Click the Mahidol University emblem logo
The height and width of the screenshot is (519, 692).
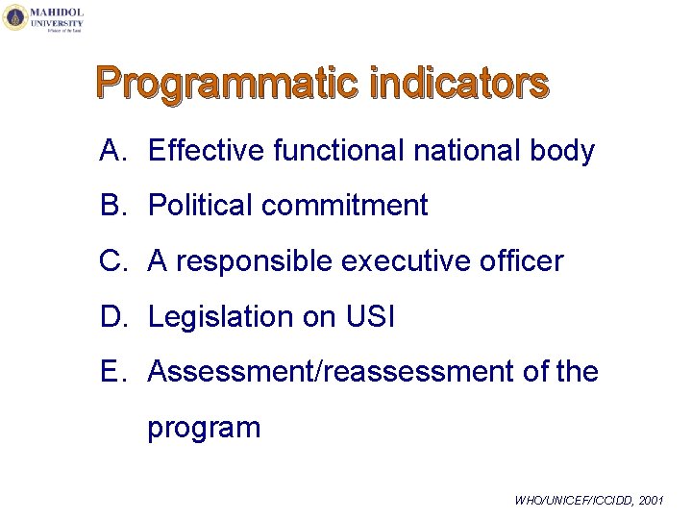tap(15, 17)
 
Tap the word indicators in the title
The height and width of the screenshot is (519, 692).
tap(458, 84)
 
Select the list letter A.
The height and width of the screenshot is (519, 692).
tap(111, 151)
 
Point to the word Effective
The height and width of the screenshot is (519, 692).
tap(207, 151)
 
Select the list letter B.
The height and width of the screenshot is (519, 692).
tap(111, 206)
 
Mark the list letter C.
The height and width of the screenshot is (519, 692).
tap(111, 261)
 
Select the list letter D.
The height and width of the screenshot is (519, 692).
tap(111, 316)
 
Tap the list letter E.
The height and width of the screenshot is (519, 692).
tap(111, 372)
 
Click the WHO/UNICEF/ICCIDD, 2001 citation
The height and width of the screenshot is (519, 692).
tap(588, 501)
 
